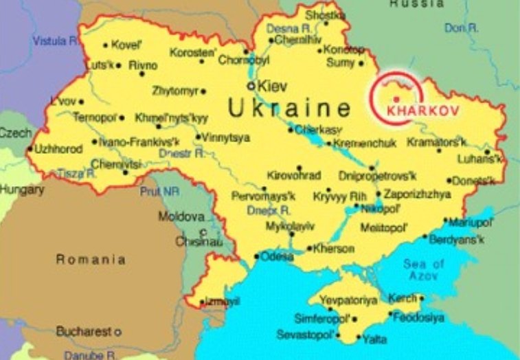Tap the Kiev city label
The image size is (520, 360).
point(271,87)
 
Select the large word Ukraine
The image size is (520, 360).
point(289,109)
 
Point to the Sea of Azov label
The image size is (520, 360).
point(424,269)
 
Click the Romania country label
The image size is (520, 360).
point(91,260)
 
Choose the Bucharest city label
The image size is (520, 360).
point(83,331)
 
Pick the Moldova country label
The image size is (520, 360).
point(182,216)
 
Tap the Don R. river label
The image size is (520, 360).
point(462,28)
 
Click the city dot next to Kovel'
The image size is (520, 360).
point(105,45)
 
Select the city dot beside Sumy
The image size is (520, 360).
point(361,63)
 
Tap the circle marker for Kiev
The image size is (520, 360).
point(251,87)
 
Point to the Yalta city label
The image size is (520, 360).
point(375,339)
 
